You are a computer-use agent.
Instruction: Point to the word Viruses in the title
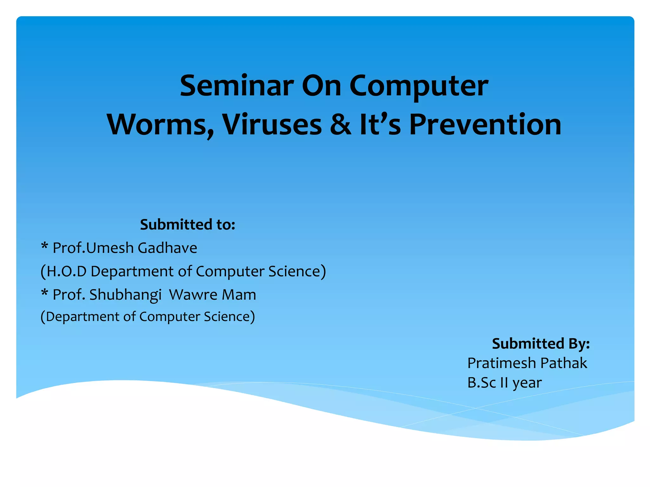tap(272, 124)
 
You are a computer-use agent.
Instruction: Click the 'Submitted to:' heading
tap(188, 224)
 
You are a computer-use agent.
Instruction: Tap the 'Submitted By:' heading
tap(541, 344)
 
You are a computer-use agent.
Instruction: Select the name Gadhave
tap(167, 248)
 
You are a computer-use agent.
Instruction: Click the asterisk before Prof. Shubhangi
tap(45, 293)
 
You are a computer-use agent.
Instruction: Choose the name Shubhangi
tap(125, 295)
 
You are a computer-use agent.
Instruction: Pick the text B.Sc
tap(481, 383)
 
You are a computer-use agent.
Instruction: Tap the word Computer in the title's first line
tap(419, 86)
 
